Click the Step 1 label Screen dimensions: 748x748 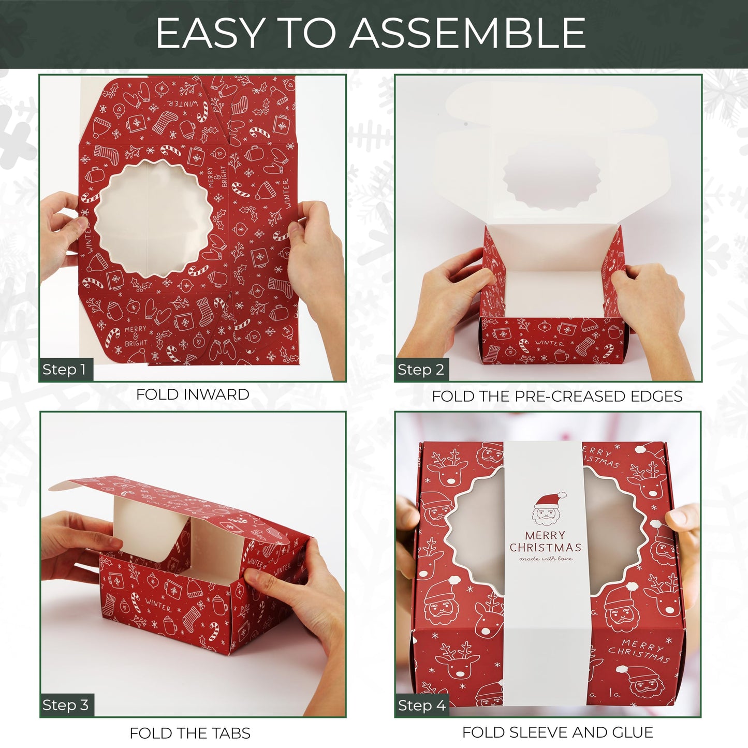click(x=65, y=370)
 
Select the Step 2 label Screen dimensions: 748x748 click(x=421, y=370)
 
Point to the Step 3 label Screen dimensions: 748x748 click(x=66, y=705)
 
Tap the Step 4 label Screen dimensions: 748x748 click(x=421, y=705)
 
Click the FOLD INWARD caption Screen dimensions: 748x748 click(x=193, y=394)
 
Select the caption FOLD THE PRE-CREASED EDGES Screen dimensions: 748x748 click(x=557, y=397)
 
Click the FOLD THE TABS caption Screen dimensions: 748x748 click(x=190, y=733)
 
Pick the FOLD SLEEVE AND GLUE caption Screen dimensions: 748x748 click(x=558, y=732)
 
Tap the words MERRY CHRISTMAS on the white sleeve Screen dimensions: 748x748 click(x=546, y=541)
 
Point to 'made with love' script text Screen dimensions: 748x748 click(x=546, y=559)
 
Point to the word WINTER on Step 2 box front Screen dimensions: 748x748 click(x=549, y=343)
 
